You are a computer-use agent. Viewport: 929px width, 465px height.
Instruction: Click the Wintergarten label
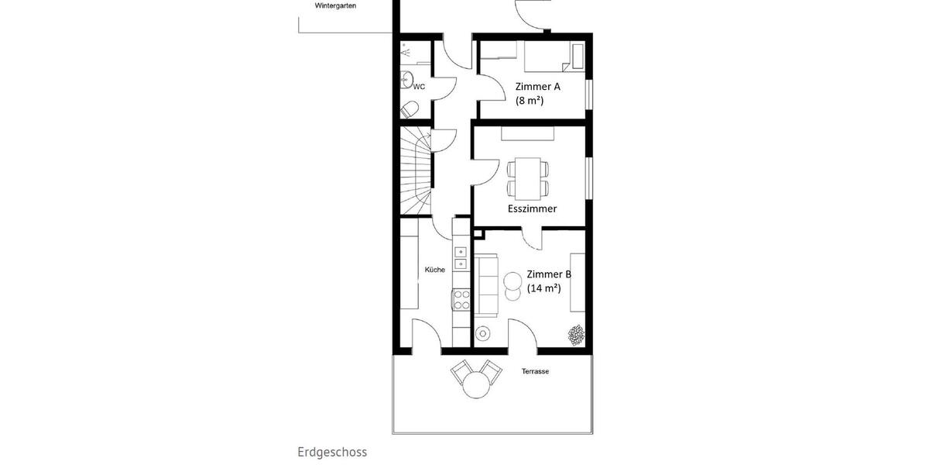336,5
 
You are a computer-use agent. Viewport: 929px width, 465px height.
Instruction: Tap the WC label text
419,87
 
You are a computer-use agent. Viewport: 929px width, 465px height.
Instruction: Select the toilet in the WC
410,109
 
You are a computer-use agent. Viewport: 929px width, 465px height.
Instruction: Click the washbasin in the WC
406,77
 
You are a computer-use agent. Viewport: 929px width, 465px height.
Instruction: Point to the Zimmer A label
537,87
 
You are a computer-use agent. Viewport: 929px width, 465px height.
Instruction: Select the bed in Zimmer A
549,57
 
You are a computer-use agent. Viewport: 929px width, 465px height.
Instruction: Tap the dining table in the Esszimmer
528,177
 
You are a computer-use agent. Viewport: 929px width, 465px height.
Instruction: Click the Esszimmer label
532,208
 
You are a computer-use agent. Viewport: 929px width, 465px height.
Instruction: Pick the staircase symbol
417,172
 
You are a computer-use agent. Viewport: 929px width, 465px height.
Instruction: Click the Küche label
434,270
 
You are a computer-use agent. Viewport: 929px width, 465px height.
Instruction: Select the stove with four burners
461,298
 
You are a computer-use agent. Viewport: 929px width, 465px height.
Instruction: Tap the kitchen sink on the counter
461,257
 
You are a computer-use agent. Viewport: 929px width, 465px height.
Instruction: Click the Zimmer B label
549,274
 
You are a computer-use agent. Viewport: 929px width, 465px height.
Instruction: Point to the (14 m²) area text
543,288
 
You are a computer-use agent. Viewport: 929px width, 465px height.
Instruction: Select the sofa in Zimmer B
487,286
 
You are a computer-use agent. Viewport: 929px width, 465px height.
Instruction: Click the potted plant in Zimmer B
576,335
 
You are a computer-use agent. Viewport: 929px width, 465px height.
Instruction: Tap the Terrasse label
535,372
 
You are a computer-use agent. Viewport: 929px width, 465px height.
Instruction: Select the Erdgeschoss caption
332,452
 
